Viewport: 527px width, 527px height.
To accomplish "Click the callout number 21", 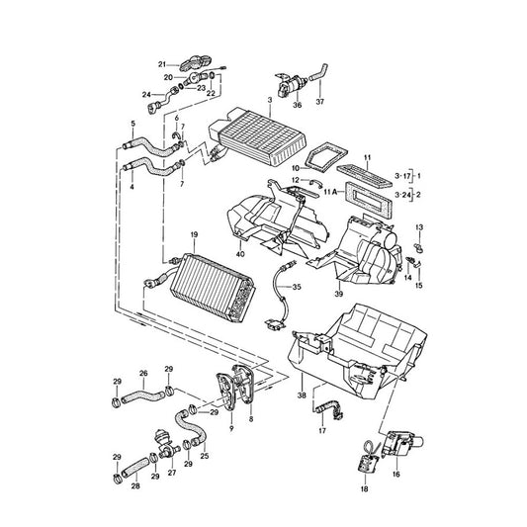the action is pyautogui.click(x=162, y=64).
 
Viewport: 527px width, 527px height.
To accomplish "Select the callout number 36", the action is pyautogui.click(x=297, y=105).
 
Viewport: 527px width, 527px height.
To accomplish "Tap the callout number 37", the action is pyautogui.click(x=320, y=101).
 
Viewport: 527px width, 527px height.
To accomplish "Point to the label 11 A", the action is pyautogui.click(x=330, y=192).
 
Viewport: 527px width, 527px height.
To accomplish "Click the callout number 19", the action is pyautogui.click(x=194, y=234).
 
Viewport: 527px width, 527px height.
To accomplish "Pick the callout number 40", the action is pyautogui.click(x=240, y=254).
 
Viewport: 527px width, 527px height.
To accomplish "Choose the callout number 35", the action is pyautogui.click(x=297, y=287).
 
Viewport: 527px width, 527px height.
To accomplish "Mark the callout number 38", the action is pyautogui.click(x=302, y=395).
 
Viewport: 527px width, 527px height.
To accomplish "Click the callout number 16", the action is pyautogui.click(x=396, y=475).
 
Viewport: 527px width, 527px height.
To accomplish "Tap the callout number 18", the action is pyautogui.click(x=364, y=488).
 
